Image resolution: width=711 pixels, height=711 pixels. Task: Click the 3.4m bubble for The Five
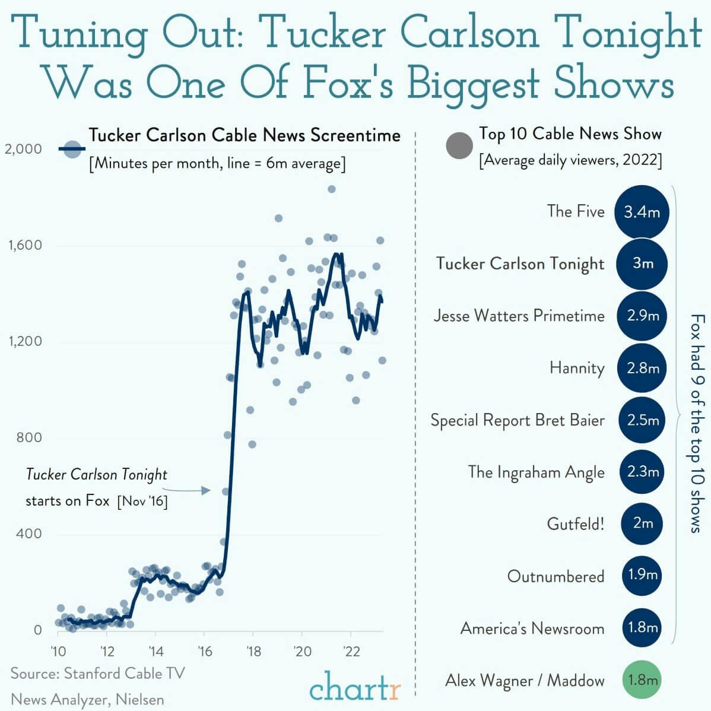click(642, 212)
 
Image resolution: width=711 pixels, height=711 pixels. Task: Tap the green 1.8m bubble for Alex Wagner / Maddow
click(642, 680)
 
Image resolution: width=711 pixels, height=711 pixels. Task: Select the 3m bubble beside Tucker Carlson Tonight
click(642, 264)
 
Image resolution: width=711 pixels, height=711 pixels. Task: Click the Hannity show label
click(576, 369)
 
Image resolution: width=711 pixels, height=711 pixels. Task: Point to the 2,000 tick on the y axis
click(24, 149)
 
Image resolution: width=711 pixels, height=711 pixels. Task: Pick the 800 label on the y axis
click(28, 437)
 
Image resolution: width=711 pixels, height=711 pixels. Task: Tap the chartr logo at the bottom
click(354, 688)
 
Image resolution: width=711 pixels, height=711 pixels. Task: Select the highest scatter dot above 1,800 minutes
click(331, 189)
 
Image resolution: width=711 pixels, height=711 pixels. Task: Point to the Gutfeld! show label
click(575, 524)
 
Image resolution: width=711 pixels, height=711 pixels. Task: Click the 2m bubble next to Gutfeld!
click(642, 523)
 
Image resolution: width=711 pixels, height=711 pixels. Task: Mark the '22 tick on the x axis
click(351, 651)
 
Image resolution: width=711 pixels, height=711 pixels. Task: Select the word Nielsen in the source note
click(139, 699)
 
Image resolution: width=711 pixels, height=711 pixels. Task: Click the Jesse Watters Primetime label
click(519, 316)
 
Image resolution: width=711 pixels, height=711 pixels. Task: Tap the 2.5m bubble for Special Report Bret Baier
click(642, 420)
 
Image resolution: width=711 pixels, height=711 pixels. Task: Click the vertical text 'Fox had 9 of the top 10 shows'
click(696, 423)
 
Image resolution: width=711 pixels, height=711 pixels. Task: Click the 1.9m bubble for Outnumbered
click(642, 574)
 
